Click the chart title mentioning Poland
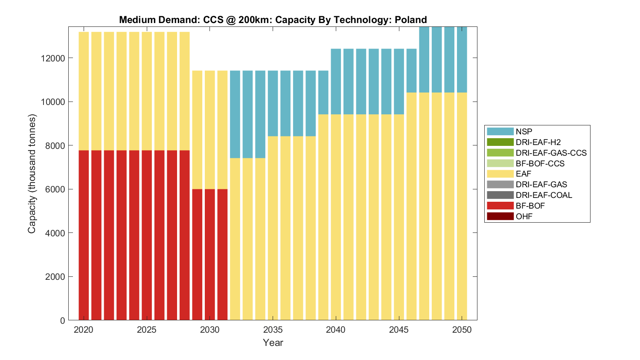pos(273,20)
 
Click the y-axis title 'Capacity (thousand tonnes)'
pos(32,174)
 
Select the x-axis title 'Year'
pos(273,343)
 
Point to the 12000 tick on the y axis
pos(54,58)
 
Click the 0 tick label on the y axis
pos(63,320)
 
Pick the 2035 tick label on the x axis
pos(273,330)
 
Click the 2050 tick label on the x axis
pos(462,330)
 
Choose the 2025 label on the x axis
pos(147,330)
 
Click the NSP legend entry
pos(524,131)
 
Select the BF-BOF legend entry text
pos(530,206)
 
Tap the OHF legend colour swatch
pos(500,216)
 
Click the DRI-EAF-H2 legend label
pos(538,142)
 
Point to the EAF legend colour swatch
pos(500,174)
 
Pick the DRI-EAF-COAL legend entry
pos(544,195)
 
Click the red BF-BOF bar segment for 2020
pos(84,235)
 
